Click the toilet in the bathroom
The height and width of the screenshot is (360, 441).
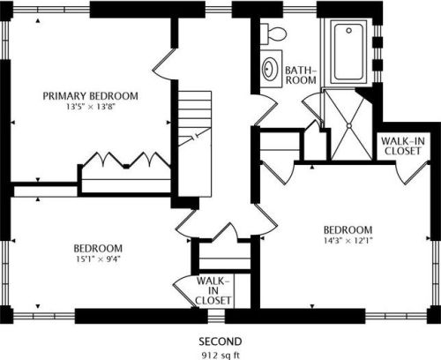[x=273, y=34]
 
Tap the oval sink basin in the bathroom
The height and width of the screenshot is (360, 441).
[x=269, y=69]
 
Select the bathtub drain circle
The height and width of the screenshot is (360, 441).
[x=349, y=30]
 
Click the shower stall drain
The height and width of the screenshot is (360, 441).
[x=349, y=125]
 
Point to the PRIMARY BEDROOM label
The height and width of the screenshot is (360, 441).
[x=91, y=96]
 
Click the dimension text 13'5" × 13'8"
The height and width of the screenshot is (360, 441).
[x=90, y=107]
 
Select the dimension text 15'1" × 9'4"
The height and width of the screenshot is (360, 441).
[x=98, y=259]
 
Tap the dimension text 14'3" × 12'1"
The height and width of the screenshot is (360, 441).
[x=348, y=240]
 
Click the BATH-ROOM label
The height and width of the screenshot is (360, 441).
[x=301, y=75]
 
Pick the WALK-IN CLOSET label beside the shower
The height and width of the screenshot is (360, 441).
[x=403, y=146]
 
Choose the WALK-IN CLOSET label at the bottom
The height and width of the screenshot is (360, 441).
[x=213, y=290]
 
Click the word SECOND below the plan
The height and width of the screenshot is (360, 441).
[x=220, y=341]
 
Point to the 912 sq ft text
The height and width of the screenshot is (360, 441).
[x=220, y=355]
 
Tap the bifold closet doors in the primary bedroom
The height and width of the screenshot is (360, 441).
[x=126, y=160]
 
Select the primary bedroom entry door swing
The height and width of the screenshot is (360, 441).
[x=164, y=64]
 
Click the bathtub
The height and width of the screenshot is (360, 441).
[x=348, y=52]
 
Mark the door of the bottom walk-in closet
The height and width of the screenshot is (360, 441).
[x=184, y=291]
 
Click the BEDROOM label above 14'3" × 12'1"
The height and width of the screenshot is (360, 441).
[x=348, y=229]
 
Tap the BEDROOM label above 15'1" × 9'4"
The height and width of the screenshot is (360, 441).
[x=98, y=248]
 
